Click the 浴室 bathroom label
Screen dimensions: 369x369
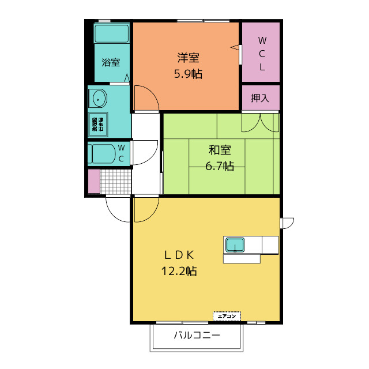111,62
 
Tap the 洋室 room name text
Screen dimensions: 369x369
188,58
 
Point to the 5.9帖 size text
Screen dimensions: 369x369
188,74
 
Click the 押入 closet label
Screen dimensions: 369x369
260,98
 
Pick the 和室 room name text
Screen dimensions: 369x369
220,150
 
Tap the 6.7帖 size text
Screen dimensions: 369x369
220,166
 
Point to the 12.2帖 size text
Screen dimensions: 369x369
179,271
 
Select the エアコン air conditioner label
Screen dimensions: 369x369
227,316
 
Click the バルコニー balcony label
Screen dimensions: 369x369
197,336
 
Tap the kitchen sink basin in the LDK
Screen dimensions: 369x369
235,245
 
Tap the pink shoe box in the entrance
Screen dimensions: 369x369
94,182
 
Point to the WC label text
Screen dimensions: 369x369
121,153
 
